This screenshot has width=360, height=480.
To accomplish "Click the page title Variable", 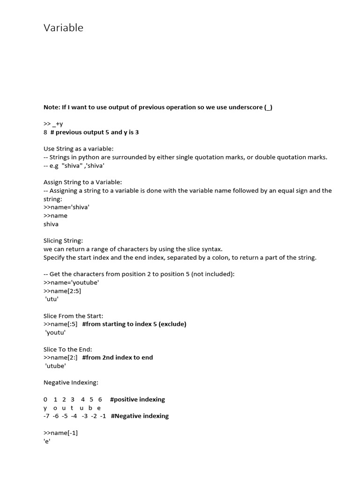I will [63, 28].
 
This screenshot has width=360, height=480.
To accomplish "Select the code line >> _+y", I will [53, 124].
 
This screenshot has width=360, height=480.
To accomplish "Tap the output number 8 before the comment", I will [45, 132].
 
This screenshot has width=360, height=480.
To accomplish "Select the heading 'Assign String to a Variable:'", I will [82, 182].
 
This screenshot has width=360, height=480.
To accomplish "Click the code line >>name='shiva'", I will [66, 207].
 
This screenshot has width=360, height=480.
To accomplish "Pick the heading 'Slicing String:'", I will [63, 240].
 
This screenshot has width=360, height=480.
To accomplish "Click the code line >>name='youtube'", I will [71, 282].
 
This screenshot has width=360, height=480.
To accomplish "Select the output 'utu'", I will [52, 299].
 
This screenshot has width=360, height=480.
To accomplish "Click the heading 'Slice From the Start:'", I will [73, 316].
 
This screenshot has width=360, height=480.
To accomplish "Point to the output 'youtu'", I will [55, 332].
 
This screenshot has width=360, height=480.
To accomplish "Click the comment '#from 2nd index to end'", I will [117, 357].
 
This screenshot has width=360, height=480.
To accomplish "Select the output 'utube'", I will [55, 366].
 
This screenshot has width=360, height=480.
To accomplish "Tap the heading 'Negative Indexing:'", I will [71, 382].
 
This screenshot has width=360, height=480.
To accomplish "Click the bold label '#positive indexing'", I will [137, 399].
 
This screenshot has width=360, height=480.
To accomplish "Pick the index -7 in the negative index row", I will [46, 416].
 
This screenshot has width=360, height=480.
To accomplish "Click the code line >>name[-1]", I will [60, 433].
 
